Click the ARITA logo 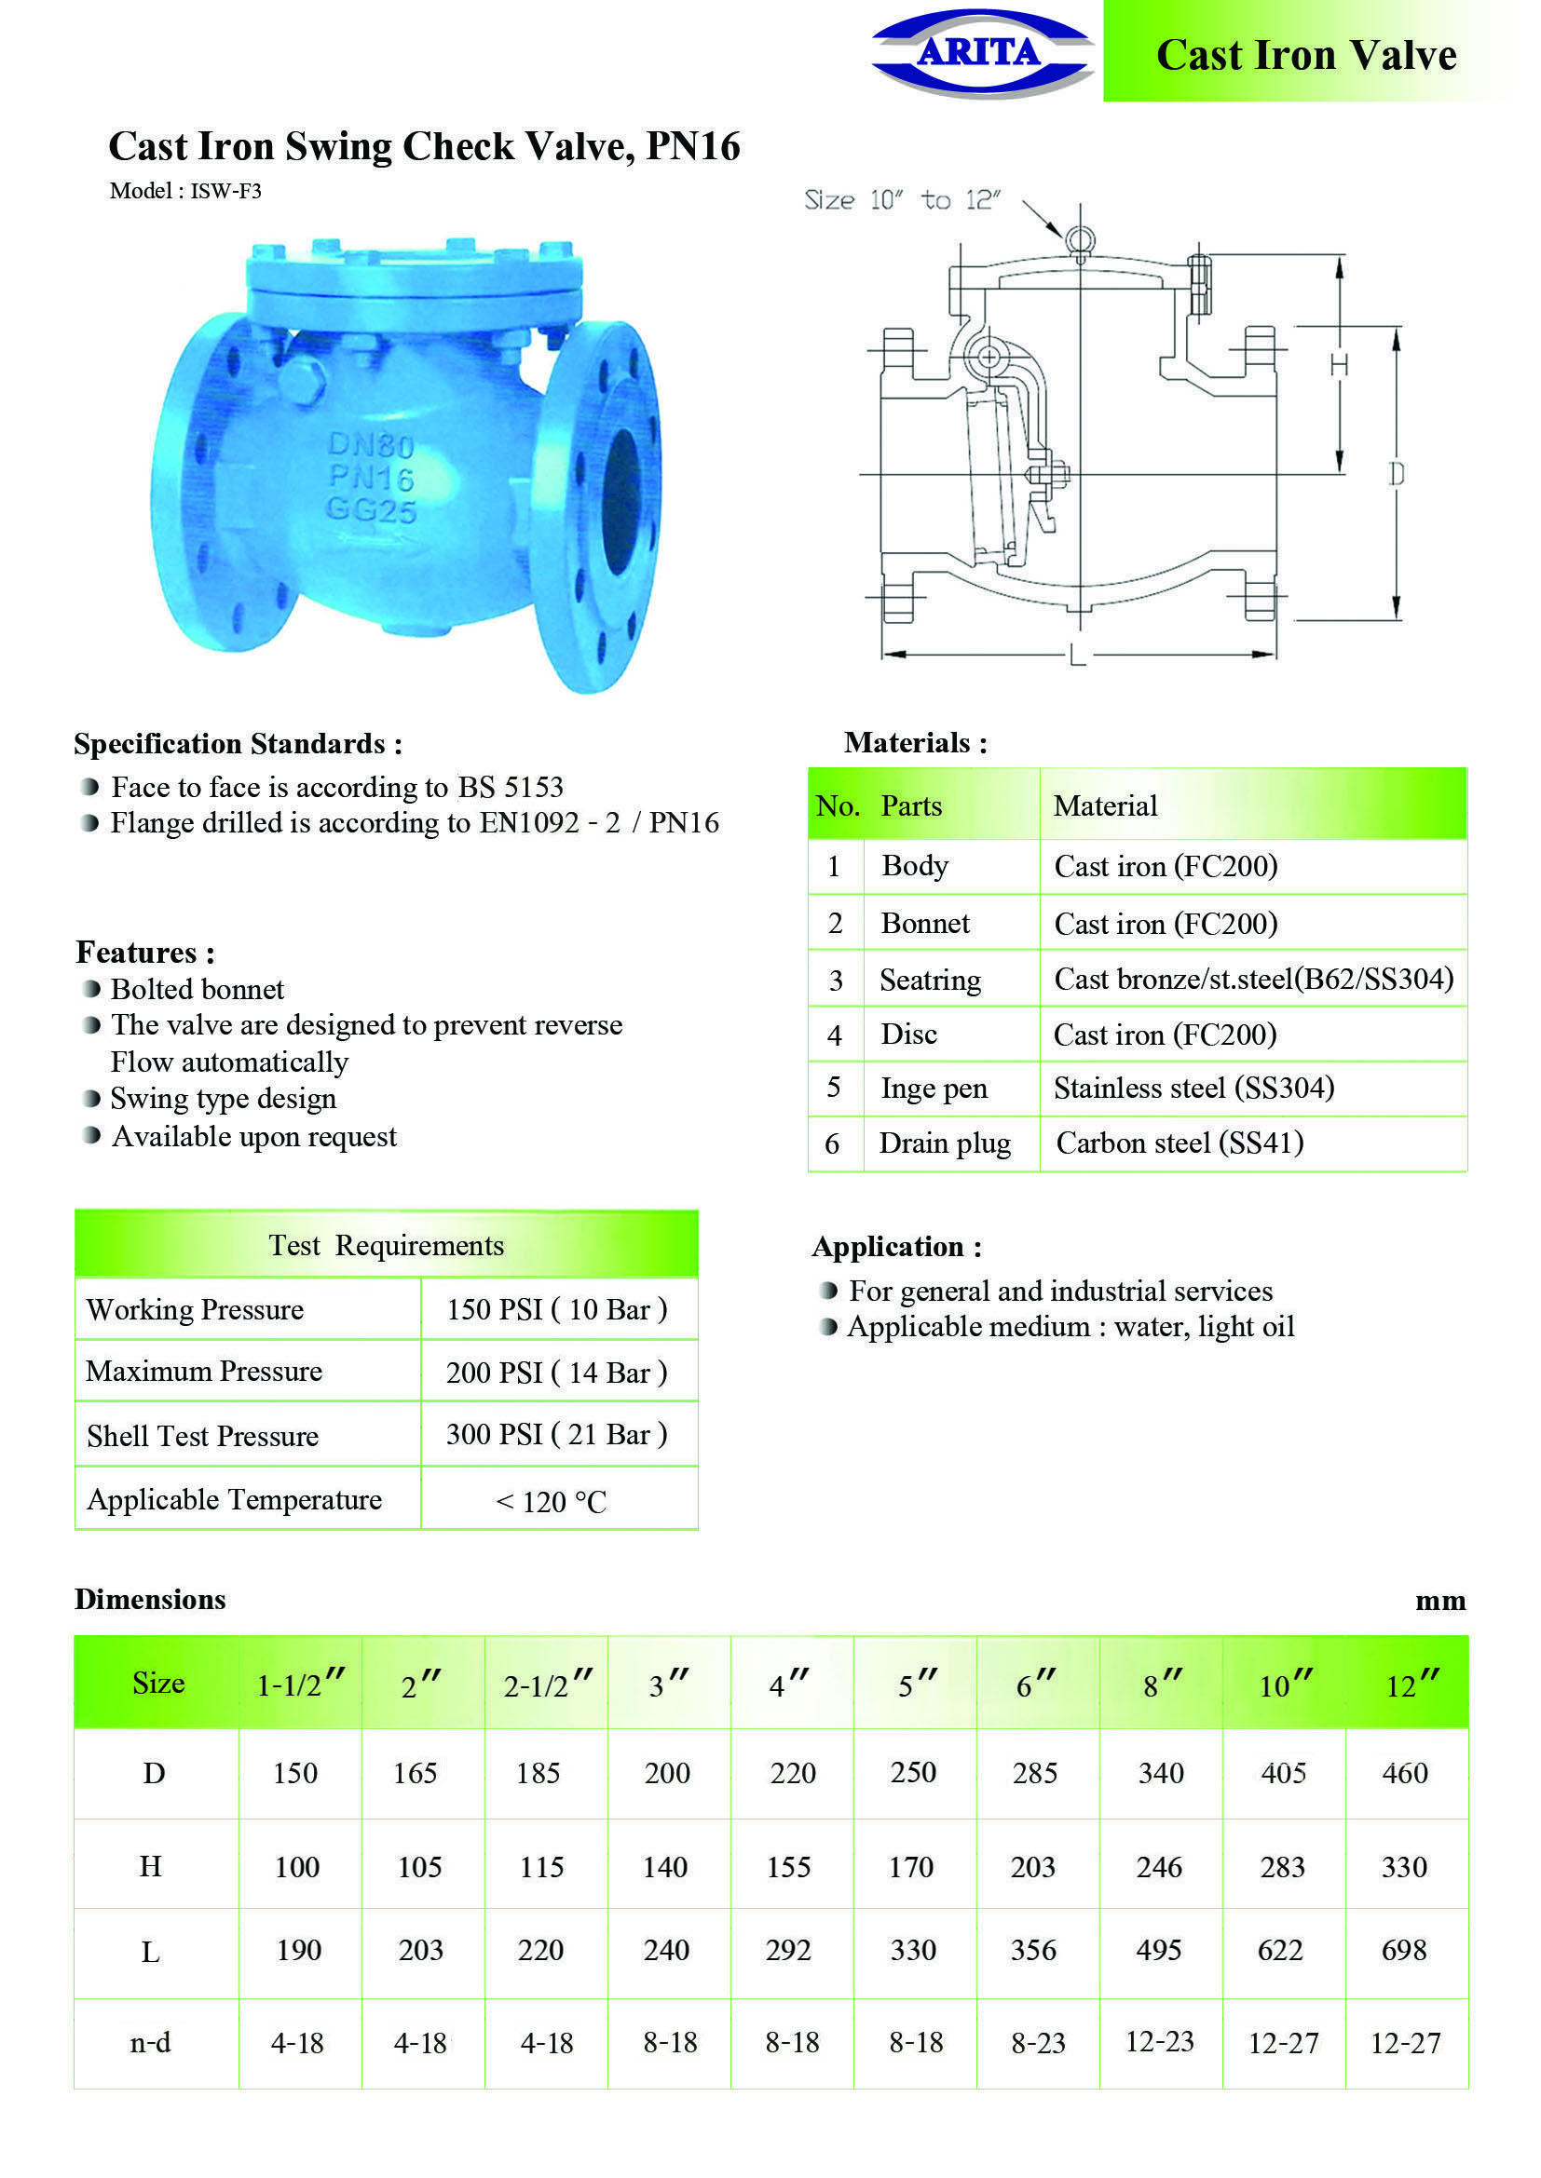point(981,52)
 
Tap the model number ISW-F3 point(225,191)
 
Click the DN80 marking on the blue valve point(370,444)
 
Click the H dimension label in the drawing point(1339,364)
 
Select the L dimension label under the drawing point(1077,655)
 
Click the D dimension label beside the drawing point(1396,473)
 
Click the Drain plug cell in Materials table point(944,1143)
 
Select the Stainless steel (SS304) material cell point(1193,1087)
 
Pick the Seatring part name point(930,979)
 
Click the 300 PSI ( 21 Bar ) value point(557,1434)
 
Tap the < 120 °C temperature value point(552,1502)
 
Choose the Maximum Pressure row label point(204,1371)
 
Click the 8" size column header point(1162,1685)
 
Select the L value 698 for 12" point(1404,1951)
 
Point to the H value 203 point(1032,1867)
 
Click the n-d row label point(151,2042)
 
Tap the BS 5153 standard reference point(511,787)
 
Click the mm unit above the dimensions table point(1440,1601)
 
